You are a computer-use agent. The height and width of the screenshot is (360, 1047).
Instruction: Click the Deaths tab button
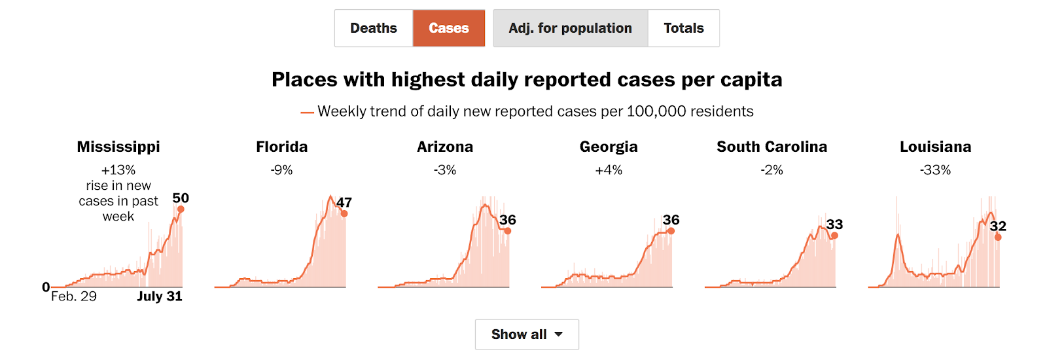(374, 28)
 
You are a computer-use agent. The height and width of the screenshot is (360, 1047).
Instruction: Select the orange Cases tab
(449, 28)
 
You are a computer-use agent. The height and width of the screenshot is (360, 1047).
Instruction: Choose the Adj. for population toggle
(570, 28)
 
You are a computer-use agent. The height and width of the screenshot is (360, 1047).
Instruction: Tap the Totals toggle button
(684, 28)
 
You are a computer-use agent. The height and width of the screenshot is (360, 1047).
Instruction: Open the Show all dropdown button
(527, 334)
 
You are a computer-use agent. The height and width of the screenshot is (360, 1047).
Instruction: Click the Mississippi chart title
(118, 147)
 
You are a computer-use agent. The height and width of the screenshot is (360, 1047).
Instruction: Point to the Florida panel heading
(282, 147)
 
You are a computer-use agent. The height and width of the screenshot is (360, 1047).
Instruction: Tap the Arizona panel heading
(445, 147)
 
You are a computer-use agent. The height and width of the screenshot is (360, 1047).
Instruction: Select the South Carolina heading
(772, 147)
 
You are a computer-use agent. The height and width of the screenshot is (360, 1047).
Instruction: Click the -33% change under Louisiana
(935, 170)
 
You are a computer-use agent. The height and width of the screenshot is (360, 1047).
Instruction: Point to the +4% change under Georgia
(609, 170)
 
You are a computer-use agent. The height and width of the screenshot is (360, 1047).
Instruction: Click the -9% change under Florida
(282, 170)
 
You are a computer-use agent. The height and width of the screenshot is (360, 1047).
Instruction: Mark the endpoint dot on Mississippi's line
(181, 209)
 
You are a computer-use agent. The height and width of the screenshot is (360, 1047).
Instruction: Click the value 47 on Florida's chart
(344, 202)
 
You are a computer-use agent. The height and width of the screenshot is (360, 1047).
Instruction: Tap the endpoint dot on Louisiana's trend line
(998, 237)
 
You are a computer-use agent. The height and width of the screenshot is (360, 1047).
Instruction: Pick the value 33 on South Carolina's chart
(834, 225)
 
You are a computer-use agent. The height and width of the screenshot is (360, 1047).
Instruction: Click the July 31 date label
(160, 297)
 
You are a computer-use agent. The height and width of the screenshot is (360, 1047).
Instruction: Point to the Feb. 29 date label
(74, 297)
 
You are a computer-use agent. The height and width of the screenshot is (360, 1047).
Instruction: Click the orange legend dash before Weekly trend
(307, 113)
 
